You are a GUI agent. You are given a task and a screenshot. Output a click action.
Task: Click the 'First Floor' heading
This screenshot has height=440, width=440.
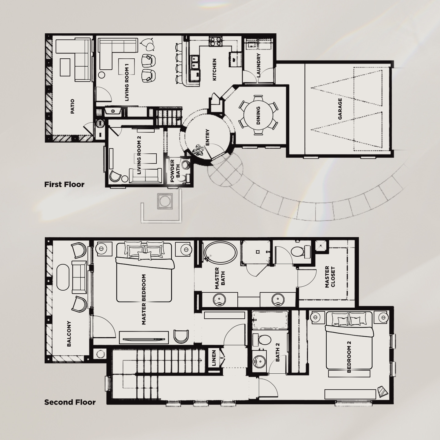(x=64, y=184)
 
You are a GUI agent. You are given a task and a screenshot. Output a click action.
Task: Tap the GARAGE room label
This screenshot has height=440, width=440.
(x=340, y=109)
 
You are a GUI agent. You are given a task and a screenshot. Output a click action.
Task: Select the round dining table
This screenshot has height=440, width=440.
(x=258, y=115)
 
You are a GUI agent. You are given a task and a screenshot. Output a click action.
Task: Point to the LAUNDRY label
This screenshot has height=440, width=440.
(x=258, y=65)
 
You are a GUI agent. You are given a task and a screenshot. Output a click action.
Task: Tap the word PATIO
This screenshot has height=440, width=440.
(x=72, y=106)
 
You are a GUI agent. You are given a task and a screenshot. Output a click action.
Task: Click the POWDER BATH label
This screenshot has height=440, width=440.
(x=175, y=171)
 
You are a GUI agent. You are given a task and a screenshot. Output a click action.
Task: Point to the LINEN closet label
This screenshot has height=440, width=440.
(x=214, y=358)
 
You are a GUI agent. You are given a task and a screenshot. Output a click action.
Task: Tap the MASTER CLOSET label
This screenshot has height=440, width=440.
(x=330, y=277)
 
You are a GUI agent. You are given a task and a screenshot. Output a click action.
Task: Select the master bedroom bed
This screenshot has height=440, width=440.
(x=144, y=272)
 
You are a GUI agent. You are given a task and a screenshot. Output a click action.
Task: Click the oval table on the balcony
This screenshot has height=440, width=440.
(x=63, y=277)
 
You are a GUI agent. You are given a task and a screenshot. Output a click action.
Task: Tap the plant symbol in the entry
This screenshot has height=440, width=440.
(x=198, y=150)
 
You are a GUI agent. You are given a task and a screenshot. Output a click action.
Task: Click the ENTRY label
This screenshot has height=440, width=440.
(x=207, y=137)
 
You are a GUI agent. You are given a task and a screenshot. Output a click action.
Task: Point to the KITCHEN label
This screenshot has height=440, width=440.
(x=215, y=70)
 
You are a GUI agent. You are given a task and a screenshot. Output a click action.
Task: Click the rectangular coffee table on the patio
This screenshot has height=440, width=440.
(x=65, y=67)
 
